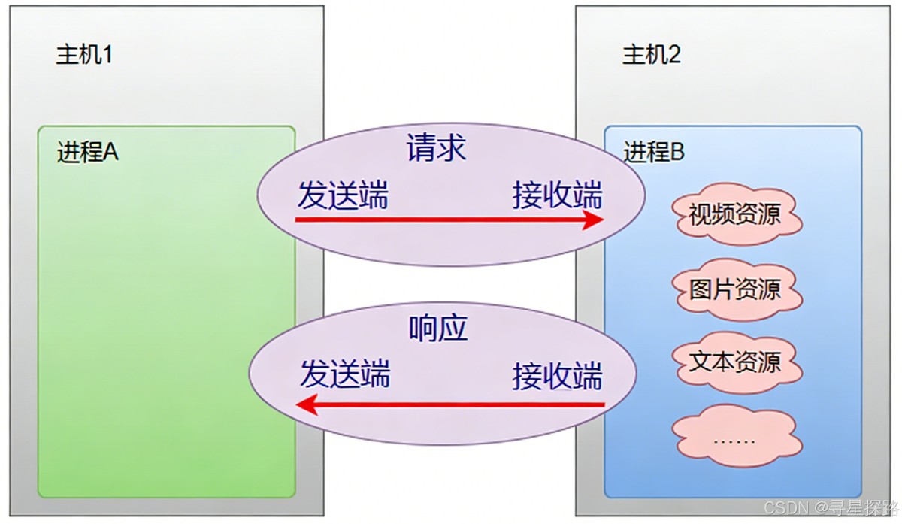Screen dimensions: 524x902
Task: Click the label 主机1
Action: pyautogui.click(x=84, y=55)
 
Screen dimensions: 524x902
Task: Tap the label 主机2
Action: pyautogui.click(x=651, y=55)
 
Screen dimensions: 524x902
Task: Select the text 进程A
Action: pyautogui.click(x=88, y=153)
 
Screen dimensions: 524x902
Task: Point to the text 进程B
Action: pyautogui.click(x=654, y=153)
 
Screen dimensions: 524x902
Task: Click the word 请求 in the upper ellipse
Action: pyautogui.click(x=436, y=148)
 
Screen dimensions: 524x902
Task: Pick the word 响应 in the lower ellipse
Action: pyautogui.click(x=438, y=329)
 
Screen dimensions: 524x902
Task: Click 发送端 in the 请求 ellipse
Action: pyautogui.click(x=343, y=195)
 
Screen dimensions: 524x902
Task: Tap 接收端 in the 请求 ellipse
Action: pyautogui.click(x=558, y=195)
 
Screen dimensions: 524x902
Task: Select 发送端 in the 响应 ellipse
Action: pyautogui.click(x=345, y=374)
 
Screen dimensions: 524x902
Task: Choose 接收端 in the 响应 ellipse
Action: pyautogui.click(x=558, y=375)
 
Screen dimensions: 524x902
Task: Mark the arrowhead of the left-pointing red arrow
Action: pyautogui.click(x=304, y=406)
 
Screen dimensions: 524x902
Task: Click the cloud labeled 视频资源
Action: pyautogui.click(x=734, y=216)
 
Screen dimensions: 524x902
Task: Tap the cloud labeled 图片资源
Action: pyautogui.click(x=734, y=289)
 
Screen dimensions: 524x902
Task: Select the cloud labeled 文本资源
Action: pyautogui.click(x=734, y=362)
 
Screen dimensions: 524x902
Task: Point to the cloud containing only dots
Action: pyautogui.click(x=734, y=438)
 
